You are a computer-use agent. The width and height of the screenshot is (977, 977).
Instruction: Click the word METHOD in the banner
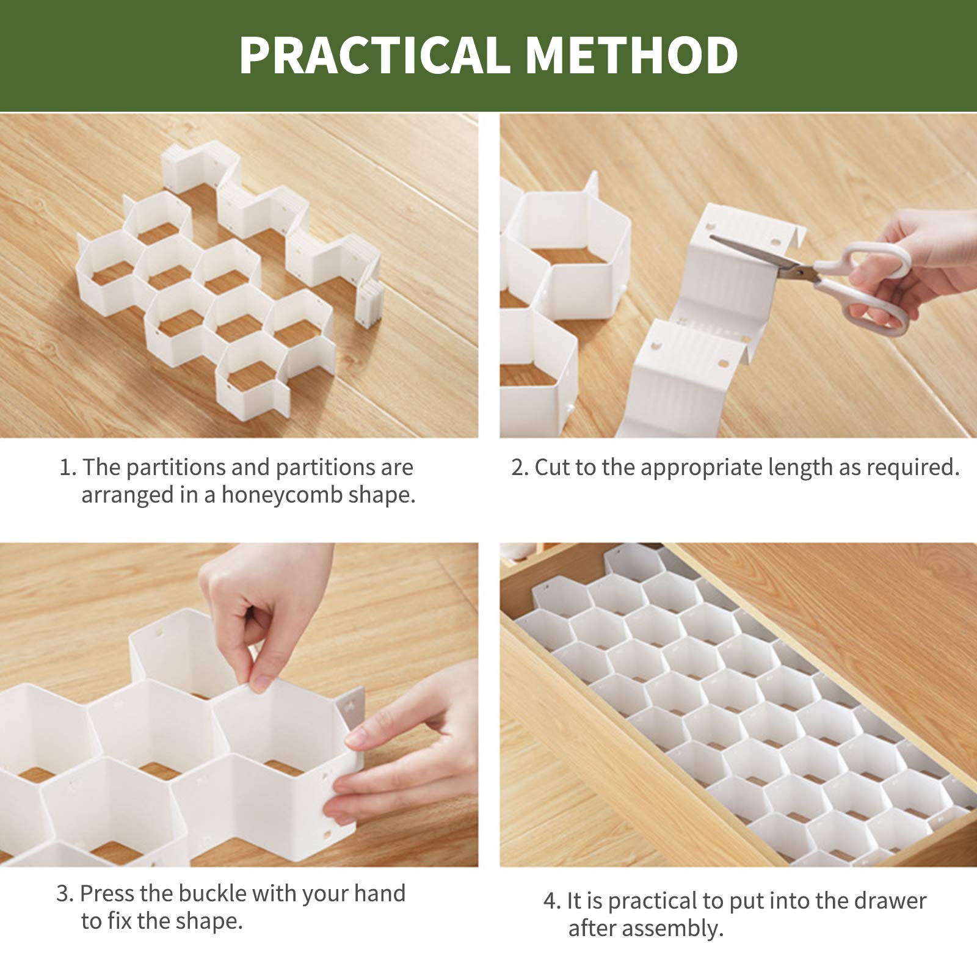[x=631, y=56]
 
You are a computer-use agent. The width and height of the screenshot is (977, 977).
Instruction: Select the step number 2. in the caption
[x=520, y=468]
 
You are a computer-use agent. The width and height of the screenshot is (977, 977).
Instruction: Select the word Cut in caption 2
[x=553, y=468]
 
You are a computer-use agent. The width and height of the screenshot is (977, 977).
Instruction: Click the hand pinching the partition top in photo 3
[x=263, y=611]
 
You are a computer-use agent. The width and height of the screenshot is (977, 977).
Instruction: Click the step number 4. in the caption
[x=552, y=901]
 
